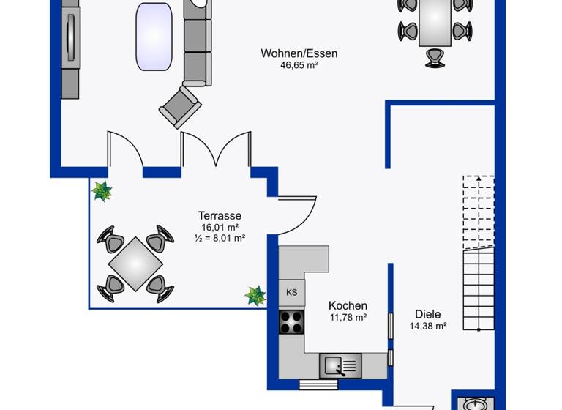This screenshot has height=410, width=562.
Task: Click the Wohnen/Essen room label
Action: pos(299,53)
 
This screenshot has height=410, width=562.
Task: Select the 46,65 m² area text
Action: pos(299,65)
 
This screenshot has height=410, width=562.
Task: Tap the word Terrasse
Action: pos(220,216)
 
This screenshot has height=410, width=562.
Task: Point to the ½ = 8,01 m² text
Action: pos(220,238)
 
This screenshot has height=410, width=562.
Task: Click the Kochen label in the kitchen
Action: pos(348,305)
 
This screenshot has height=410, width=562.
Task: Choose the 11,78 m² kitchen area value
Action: pos(348,317)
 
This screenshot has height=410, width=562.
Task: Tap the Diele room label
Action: pos(427,314)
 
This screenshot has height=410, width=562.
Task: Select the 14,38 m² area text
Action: pos(427,327)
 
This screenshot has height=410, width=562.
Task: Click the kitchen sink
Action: pos(340,364)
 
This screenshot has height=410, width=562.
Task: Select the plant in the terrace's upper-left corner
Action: pos(102,191)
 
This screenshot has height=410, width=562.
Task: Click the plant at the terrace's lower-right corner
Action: pos(255,295)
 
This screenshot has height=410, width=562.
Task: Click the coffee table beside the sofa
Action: pos(154,37)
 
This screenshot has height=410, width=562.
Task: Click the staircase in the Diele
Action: pos(478,253)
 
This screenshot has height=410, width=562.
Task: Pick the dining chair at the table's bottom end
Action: pos(435,57)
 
